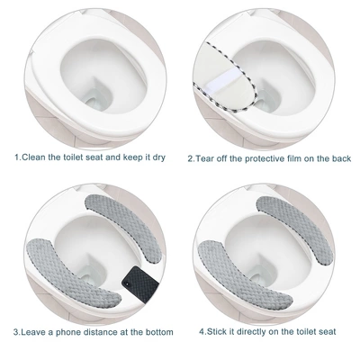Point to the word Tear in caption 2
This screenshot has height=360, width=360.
pos(204,157)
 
